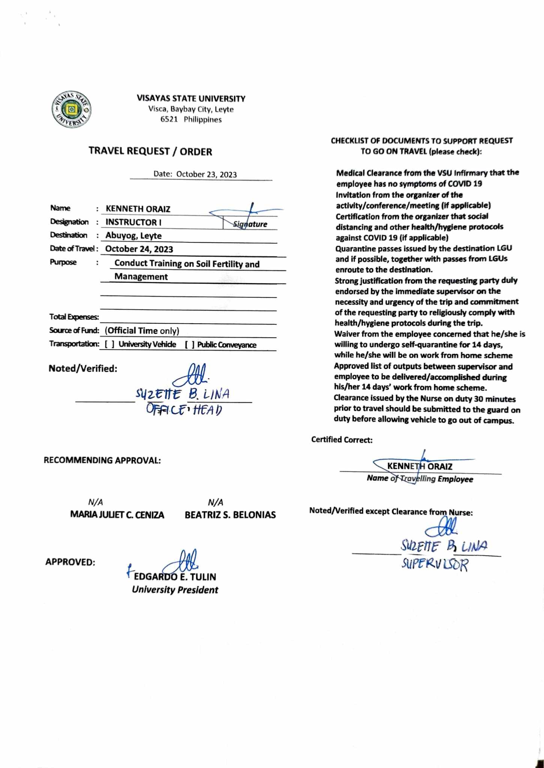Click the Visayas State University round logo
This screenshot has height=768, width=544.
[x=71, y=109]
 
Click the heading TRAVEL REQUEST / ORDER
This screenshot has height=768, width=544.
[x=150, y=151]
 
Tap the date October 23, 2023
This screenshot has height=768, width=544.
[x=206, y=174]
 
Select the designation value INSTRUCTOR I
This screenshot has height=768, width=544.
[x=133, y=222]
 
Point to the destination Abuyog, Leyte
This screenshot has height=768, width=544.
[x=133, y=236]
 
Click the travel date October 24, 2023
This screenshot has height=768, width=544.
[x=139, y=249]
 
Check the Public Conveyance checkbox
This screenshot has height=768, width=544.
[x=189, y=345]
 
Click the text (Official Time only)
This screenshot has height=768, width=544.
[x=142, y=331]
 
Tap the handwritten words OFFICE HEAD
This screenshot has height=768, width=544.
[x=184, y=409]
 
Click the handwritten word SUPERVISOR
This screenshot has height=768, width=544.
[x=434, y=564]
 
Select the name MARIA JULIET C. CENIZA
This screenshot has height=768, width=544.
[x=117, y=515]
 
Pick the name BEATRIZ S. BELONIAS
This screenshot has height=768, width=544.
[x=230, y=515]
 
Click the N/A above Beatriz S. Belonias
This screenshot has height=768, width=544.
[x=215, y=502]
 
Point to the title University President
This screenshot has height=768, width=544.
[x=175, y=590]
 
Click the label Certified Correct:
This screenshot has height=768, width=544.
[x=342, y=440]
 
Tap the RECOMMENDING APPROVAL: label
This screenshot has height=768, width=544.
[x=102, y=460]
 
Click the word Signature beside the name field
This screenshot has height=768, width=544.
[x=250, y=224]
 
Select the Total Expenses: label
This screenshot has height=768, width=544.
[x=74, y=317]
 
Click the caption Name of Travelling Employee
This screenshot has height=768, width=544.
[x=420, y=479]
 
